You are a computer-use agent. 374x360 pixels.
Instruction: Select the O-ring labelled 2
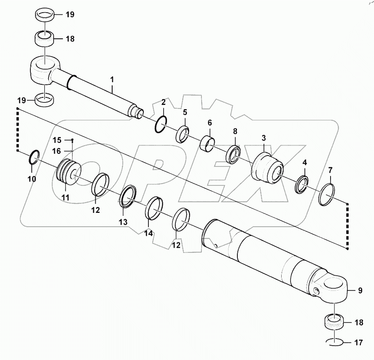pos(161,125)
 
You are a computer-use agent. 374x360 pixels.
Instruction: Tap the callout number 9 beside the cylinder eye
pos(360,290)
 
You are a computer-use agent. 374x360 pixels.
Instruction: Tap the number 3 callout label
pos(264,138)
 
